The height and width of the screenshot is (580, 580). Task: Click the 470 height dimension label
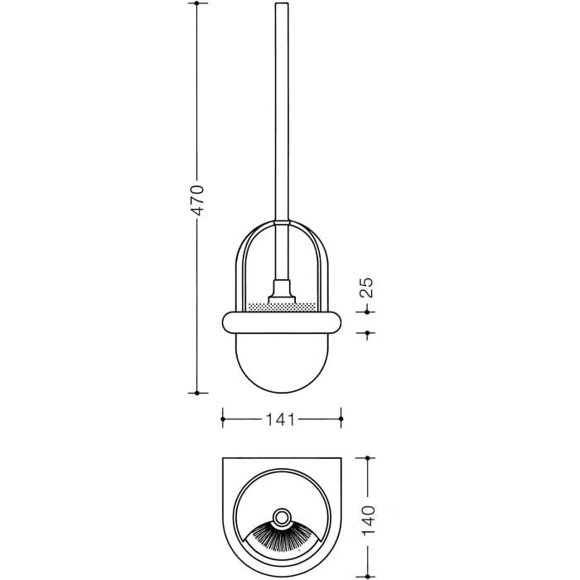[x=197, y=200]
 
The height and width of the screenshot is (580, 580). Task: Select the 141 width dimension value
[x=281, y=420]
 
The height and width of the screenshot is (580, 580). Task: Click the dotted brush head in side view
[x=282, y=307]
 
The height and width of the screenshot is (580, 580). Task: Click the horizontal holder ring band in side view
[x=282, y=321]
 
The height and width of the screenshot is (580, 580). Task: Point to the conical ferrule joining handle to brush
[x=282, y=291]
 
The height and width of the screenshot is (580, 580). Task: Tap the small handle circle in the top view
[x=282, y=519]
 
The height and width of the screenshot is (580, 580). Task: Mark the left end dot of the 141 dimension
[x=222, y=420]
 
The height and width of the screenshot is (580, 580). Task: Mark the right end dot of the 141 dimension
[x=340, y=420]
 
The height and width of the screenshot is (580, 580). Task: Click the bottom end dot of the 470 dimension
[x=197, y=393]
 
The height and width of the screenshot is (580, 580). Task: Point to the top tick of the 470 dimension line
[x=197, y=4]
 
